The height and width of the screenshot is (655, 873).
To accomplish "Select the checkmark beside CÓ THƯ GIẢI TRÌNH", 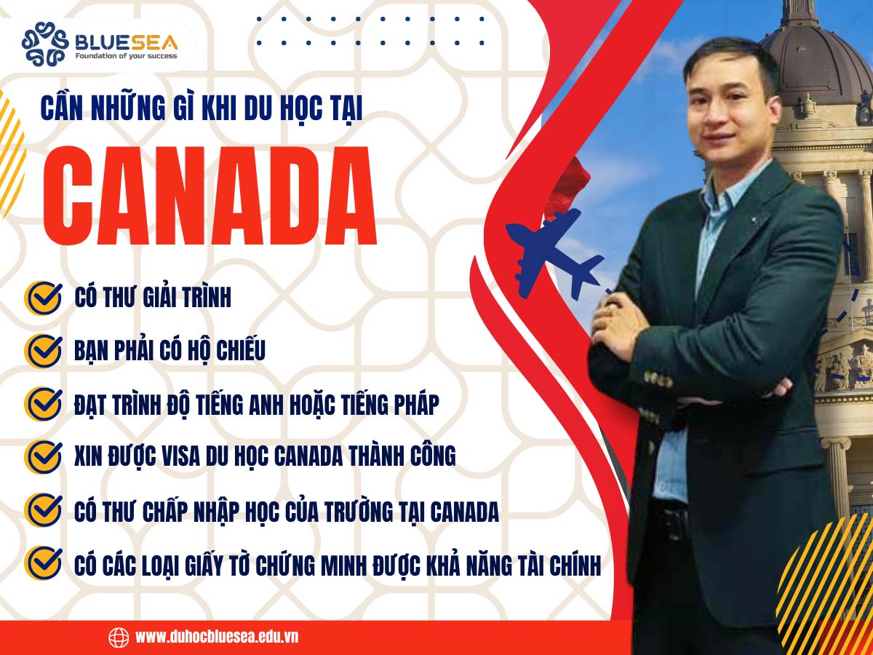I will click(x=43, y=298).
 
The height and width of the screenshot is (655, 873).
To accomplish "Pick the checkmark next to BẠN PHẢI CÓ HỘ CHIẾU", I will click(x=43, y=350).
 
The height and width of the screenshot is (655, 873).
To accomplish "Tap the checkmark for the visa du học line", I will click(x=43, y=456).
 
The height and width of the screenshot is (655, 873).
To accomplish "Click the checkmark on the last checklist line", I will click(x=43, y=562).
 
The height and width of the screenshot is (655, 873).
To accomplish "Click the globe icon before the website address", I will click(x=119, y=637).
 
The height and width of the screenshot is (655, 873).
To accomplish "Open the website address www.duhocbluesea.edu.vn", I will click(x=217, y=637).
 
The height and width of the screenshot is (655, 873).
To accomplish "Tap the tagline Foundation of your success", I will click(x=126, y=55).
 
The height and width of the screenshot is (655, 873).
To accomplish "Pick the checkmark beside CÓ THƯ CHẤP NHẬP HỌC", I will click(x=43, y=509).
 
